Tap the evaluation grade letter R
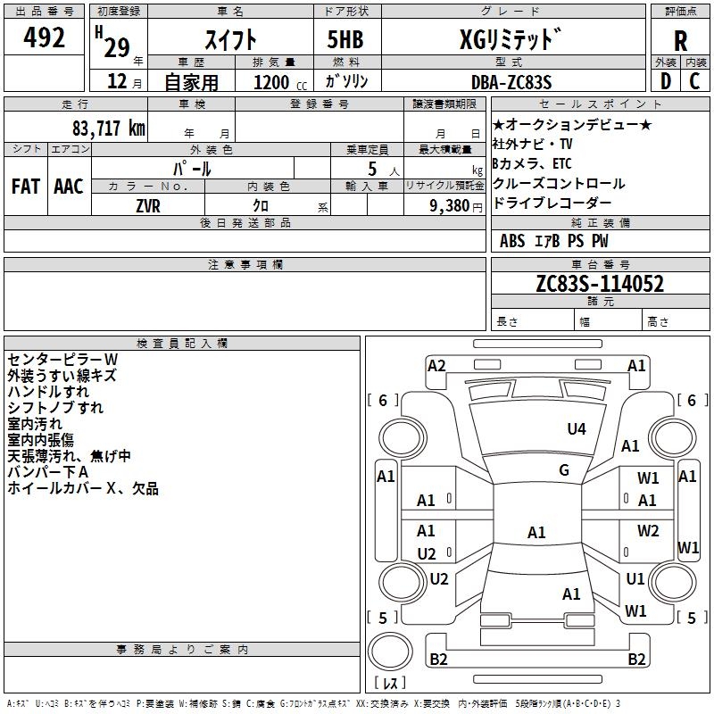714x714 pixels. [x=680, y=40]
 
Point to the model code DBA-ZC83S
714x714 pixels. [x=511, y=81]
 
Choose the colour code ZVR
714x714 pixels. [x=148, y=205]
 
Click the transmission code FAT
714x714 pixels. [x=25, y=186]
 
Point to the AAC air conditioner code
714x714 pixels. [x=68, y=186]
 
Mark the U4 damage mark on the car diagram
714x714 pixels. [x=577, y=428]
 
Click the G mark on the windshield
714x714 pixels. [x=564, y=469]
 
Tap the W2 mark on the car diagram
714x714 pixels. [x=648, y=531]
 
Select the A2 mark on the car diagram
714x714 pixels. [x=436, y=365]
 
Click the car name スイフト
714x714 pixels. [x=230, y=39]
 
